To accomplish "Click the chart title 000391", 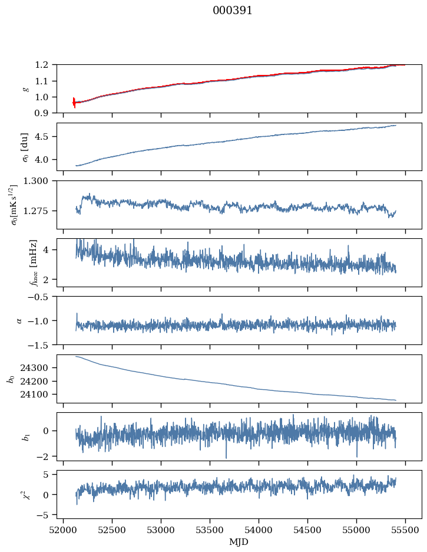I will (233, 11).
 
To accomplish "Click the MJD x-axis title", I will (239, 541).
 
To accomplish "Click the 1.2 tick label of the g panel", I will (46, 65).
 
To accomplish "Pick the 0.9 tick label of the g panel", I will (46, 113).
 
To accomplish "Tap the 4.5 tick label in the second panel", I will (46, 137).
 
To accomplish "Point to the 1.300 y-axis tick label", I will (41, 181).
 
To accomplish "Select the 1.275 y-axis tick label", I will (41, 211).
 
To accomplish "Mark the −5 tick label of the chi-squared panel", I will (45, 515).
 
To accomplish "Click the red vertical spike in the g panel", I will (74, 102).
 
